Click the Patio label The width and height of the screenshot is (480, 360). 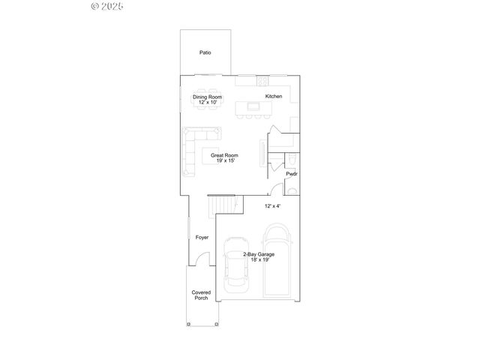[x=205, y=53]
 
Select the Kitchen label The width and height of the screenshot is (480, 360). [x=274, y=96]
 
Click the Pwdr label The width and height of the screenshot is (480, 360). [x=291, y=174]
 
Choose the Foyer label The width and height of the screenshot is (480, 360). [x=202, y=238]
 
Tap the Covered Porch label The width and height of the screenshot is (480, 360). [x=201, y=295]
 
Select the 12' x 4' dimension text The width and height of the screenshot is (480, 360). [x=273, y=205]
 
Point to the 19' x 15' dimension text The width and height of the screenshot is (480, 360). [x=225, y=160]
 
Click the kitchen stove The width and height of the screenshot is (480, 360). [x=261, y=79]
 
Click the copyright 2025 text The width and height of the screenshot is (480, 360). [x=107, y=6]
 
